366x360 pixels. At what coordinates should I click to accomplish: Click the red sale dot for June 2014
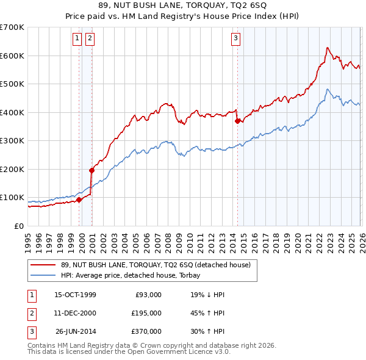click(x=237, y=121)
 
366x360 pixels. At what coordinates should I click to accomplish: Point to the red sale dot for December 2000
click(x=92, y=170)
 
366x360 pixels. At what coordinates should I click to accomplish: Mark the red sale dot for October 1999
click(x=79, y=200)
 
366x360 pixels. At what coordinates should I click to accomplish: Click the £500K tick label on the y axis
click(x=12, y=84)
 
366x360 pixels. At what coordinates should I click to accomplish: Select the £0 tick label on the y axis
click(x=19, y=226)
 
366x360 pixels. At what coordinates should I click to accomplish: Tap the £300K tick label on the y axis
click(x=12, y=140)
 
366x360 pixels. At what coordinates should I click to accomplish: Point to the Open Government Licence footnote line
click(x=129, y=351)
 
